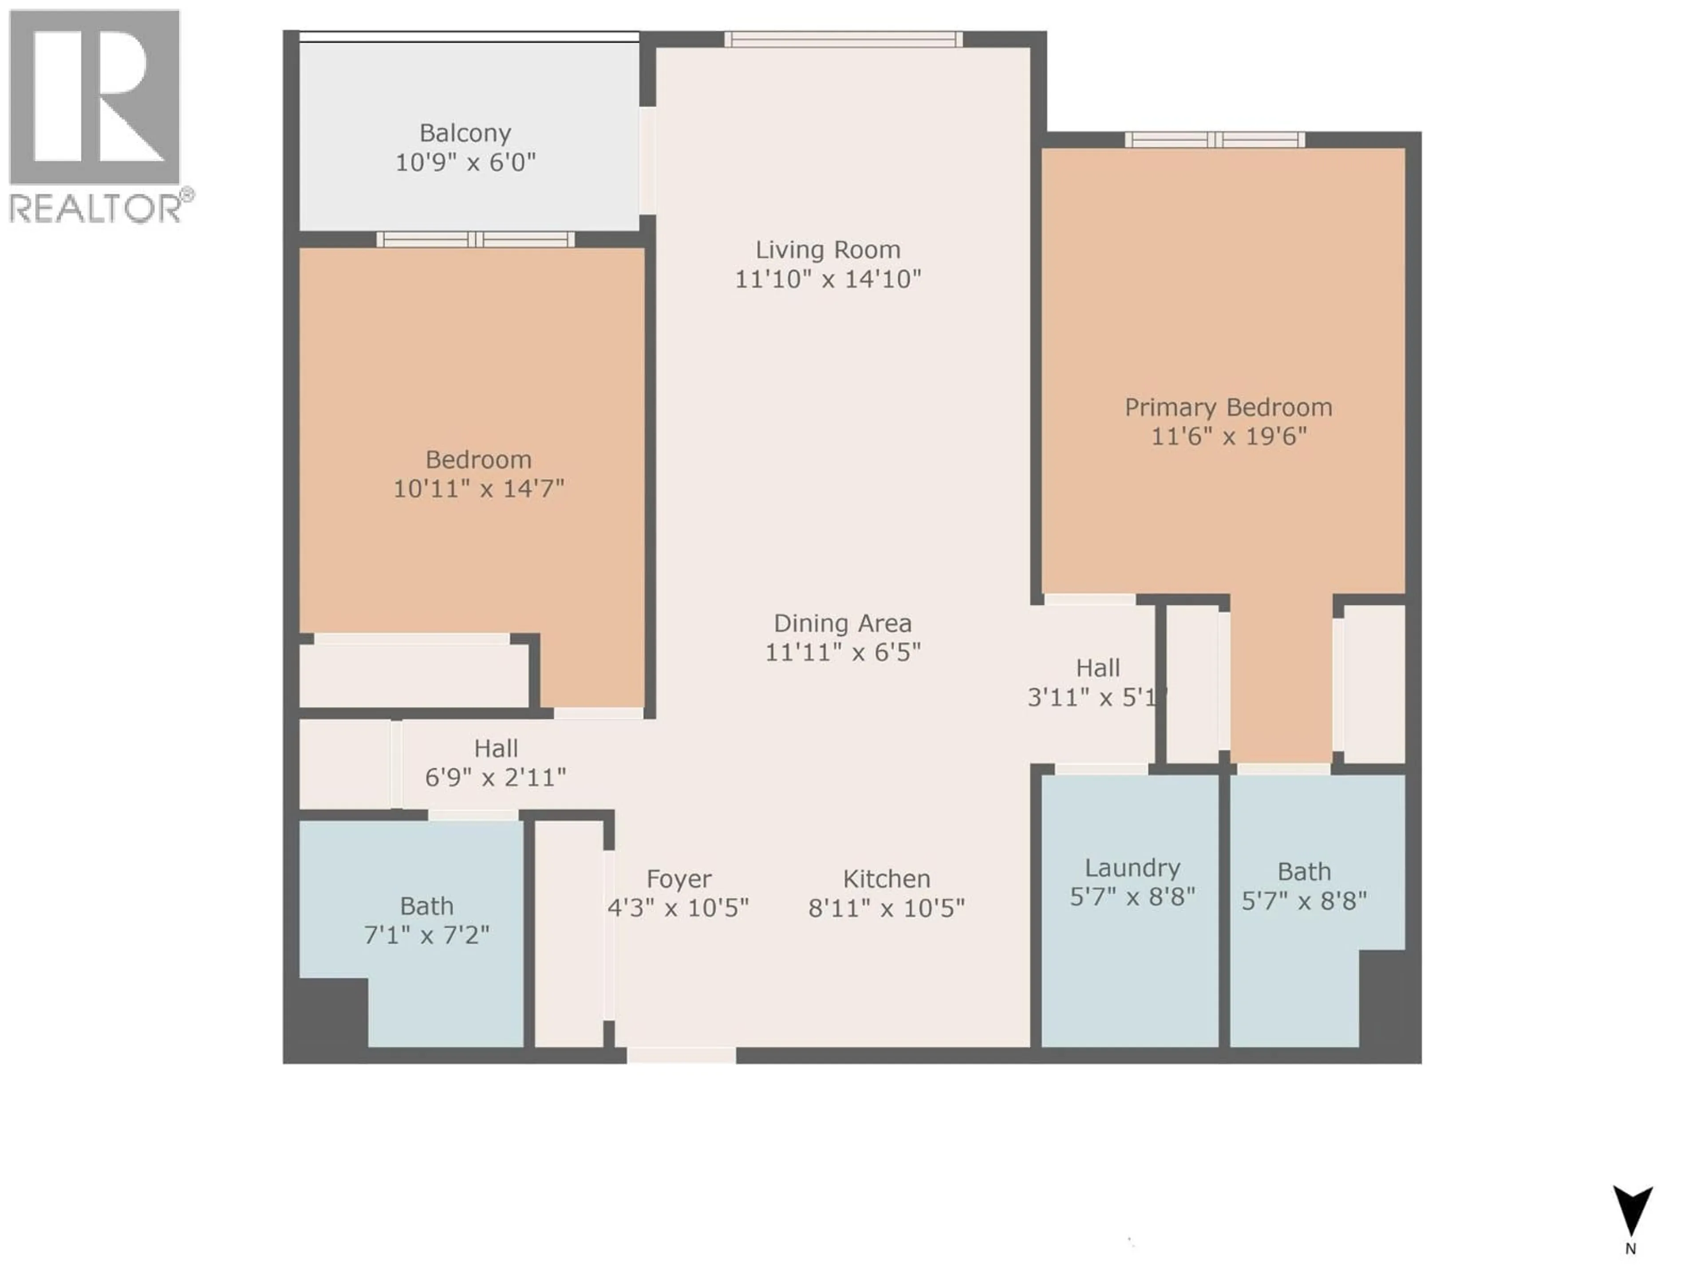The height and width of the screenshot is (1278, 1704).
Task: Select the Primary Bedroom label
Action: click(1228, 407)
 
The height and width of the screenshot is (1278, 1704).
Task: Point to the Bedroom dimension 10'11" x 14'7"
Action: click(478, 489)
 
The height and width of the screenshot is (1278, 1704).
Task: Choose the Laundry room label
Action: click(1132, 868)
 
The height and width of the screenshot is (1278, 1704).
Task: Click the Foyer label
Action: click(678, 879)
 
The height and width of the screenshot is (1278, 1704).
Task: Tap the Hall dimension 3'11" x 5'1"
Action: click(1097, 697)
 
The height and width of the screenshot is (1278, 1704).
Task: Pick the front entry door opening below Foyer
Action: click(681, 1055)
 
